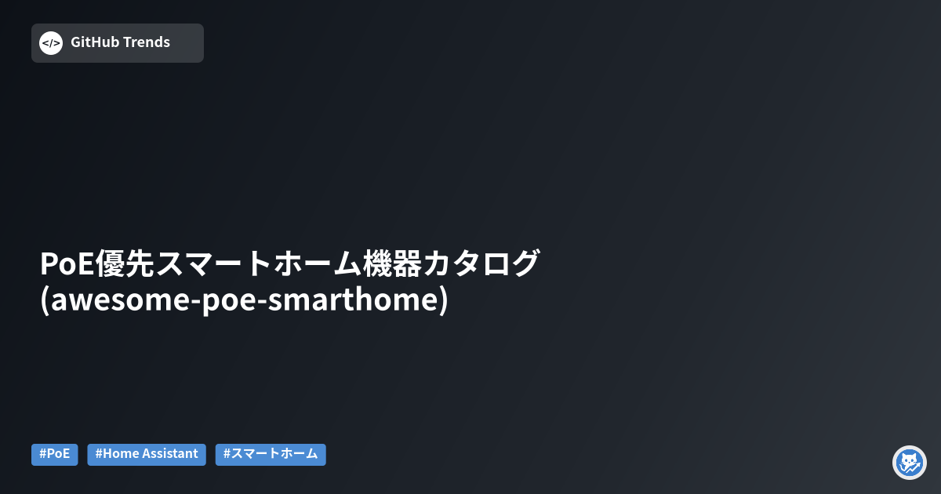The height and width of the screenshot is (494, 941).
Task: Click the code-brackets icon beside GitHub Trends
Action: click(x=51, y=43)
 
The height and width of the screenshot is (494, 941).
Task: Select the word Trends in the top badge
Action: click(x=147, y=42)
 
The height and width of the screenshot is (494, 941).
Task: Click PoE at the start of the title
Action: click(x=66, y=263)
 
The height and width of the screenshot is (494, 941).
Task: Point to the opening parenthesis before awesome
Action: click(x=45, y=301)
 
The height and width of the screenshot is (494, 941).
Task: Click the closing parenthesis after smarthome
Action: click(x=444, y=301)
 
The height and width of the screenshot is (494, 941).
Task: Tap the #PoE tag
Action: click(x=55, y=454)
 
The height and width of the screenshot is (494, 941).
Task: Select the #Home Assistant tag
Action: click(x=147, y=454)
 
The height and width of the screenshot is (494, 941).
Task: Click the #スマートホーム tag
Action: click(x=271, y=454)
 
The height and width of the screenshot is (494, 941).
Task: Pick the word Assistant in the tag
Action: click(x=170, y=454)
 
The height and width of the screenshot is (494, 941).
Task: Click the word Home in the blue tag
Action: click(x=120, y=454)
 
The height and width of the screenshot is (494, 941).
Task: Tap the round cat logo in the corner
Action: click(x=910, y=463)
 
